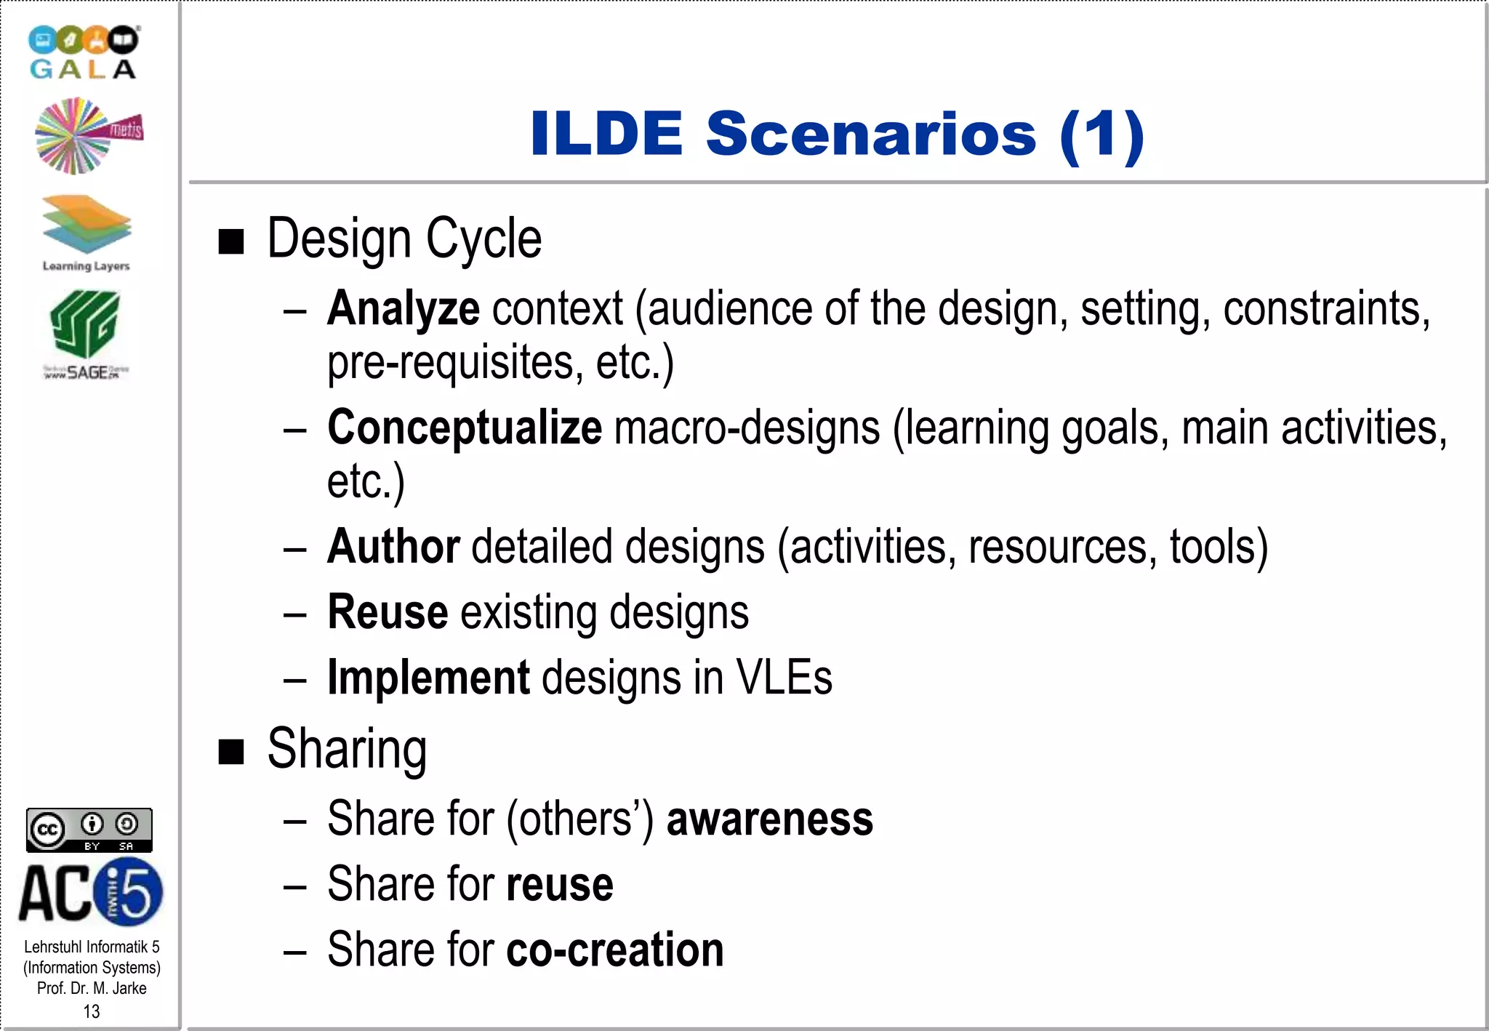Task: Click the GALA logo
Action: point(83,52)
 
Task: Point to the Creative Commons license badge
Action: point(89,830)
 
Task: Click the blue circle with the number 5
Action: point(129,891)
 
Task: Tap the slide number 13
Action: point(92,1011)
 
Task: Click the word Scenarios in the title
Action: point(870,134)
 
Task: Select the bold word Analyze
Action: point(403,309)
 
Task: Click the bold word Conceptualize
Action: point(464,428)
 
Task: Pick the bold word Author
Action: point(393,547)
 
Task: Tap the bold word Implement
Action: point(428,678)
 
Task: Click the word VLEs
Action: point(784,678)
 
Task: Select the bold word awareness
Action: point(769,819)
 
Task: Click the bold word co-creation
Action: point(614,950)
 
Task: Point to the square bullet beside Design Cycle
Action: point(231,241)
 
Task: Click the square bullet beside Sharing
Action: point(231,752)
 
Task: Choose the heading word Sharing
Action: point(347,749)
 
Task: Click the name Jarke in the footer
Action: point(129,988)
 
